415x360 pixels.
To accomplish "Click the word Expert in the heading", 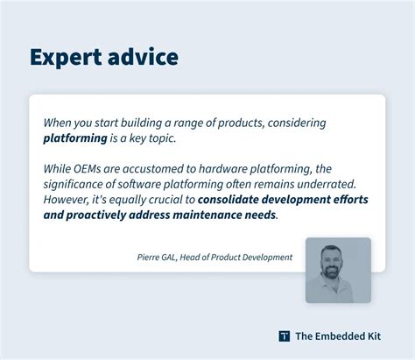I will tap(67, 57).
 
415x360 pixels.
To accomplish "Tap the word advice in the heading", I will tap(144, 57).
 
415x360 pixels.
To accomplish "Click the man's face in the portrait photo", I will tap(337, 264).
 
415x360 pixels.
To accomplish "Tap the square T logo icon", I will tap(284, 335).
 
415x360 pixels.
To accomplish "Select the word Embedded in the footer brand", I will tap(343, 335).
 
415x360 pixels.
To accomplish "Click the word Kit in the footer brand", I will tap(383, 335).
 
